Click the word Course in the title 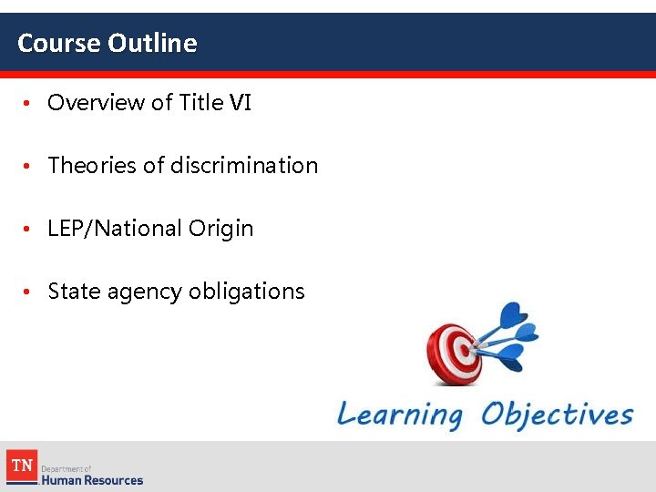(x=59, y=43)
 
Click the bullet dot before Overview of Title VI (x=28, y=104)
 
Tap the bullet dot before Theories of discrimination (x=28, y=167)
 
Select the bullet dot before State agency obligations (x=28, y=292)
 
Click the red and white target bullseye (x=455, y=351)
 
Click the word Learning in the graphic (x=400, y=415)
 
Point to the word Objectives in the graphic (x=557, y=415)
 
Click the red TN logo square (x=21, y=467)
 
